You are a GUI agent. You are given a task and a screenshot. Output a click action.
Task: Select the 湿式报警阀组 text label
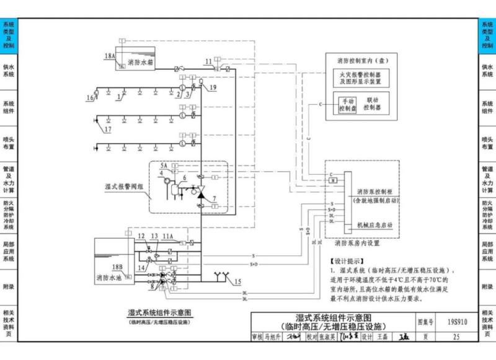click(123, 185)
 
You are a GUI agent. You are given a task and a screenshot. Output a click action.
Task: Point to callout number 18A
click(110, 56)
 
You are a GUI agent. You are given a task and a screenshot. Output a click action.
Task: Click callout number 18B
click(117, 267)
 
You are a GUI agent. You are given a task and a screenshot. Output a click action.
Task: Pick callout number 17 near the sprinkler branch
click(108, 130)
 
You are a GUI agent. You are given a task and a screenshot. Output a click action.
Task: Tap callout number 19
click(213, 88)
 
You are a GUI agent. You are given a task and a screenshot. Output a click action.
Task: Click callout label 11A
click(168, 236)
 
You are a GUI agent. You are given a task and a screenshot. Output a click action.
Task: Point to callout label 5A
click(164, 167)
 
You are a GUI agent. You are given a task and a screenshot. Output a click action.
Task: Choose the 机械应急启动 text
click(374, 225)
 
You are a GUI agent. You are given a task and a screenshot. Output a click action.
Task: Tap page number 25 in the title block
click(456, 337)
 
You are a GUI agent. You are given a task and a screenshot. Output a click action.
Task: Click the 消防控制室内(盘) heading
click(359, 61)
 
